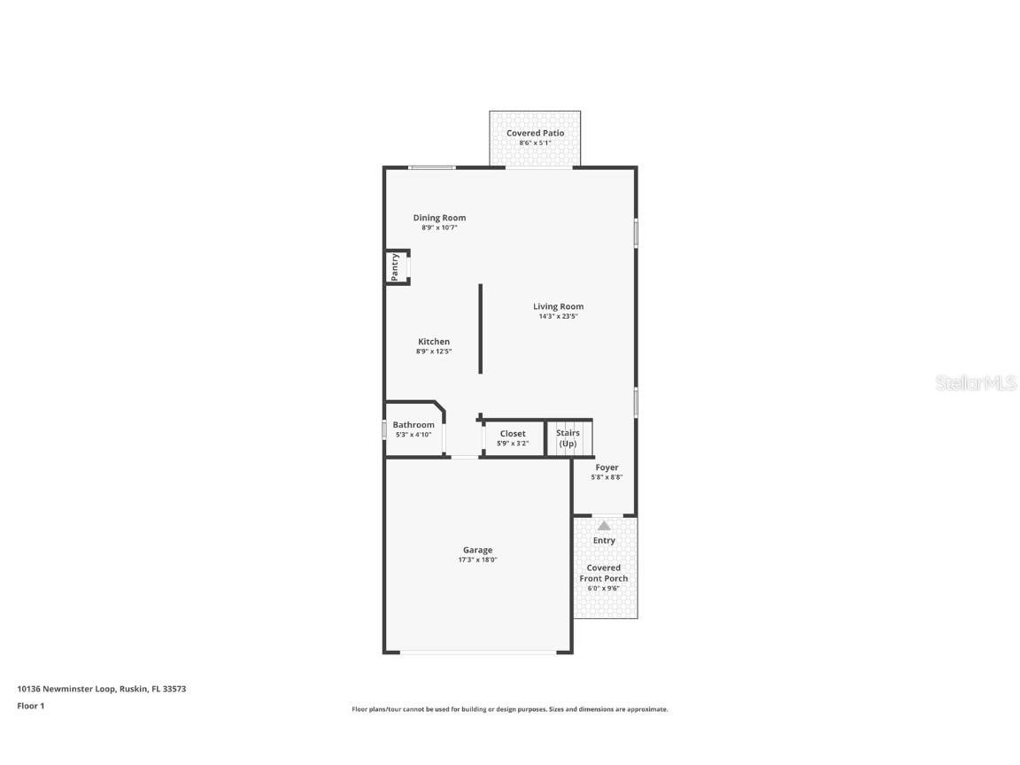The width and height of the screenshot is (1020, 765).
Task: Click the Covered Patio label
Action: tap(535, 133)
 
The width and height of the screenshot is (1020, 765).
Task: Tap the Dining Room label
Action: tap(439, 218)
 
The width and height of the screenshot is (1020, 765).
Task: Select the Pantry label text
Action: tap(395, 265)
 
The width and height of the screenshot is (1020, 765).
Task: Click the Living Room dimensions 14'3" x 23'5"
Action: tap(558, 317)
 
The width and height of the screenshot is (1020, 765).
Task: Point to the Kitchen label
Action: tap(434, 342)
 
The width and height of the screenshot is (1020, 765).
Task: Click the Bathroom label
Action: tap(413, 425)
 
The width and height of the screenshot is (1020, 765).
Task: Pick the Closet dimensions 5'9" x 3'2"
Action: tap(513, 444)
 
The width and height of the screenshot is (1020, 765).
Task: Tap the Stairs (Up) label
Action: tap(568, 438)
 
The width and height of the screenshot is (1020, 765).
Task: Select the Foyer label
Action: tap(607, 467)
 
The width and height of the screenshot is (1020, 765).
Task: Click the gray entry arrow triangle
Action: tap(604, 525)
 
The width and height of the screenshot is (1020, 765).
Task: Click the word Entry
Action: tap(604, 540)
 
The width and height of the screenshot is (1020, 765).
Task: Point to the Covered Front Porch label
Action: tap(604, 573)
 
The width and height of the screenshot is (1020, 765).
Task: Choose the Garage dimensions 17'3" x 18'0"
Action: tap(477, 560)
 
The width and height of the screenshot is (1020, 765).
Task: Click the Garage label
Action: tap(477, 550)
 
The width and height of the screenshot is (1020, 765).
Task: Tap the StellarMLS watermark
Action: tap(977, 383)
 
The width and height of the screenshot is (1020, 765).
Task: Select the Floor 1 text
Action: tap(30, 706)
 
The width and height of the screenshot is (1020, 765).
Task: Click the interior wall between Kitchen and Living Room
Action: tap(481, 328)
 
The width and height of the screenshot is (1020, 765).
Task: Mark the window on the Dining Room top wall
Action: tap(432, 167)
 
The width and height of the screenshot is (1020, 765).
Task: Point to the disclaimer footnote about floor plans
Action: tap(510, 709)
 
